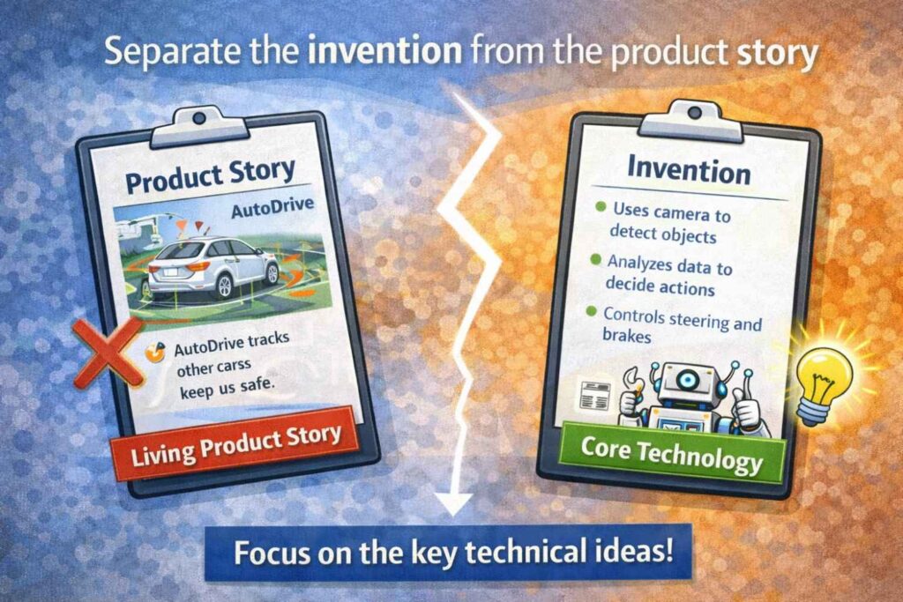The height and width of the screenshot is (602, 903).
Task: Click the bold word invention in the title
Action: (384, 50)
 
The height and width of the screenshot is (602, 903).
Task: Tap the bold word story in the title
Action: (777, 53)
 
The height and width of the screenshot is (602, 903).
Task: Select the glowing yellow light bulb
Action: (823, 379)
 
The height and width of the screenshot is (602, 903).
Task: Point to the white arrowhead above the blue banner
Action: (455, 503)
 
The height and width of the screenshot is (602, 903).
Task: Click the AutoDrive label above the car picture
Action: (272, 208)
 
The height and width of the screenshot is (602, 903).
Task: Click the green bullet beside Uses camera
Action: (601, 206)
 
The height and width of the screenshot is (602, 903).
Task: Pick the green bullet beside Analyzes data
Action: (596, 259)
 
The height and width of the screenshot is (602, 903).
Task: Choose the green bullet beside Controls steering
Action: (591, 311)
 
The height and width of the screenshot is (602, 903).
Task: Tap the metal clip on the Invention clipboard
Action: (693, 120)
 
